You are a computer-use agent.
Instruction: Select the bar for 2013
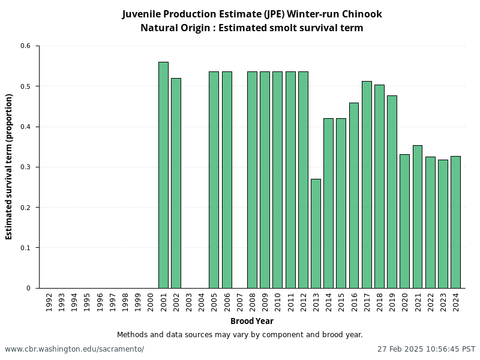coord(316,233)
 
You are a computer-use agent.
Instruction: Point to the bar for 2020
coord(404,221)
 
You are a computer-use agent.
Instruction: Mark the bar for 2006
coord(227,180)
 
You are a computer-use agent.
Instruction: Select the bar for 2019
coord(392,192)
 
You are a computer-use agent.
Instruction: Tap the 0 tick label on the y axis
coord(28,289)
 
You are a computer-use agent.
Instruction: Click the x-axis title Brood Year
coord(251,322)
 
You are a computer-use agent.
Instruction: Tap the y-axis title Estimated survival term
coord(9,167)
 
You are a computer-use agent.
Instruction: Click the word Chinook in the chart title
coord(362,14)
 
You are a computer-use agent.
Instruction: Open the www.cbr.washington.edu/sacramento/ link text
coord(74,349)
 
